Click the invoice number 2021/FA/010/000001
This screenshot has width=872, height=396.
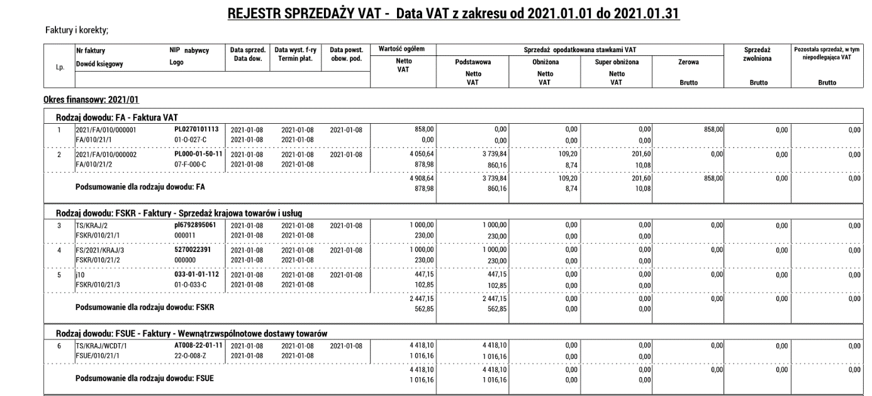[x=106, y=130]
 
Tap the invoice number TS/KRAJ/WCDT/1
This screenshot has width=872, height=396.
[x=101, y=346]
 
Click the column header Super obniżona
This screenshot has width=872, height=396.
[x=617, y=62]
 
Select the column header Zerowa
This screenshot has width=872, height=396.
[x=688, y=62]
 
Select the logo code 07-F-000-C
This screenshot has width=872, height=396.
[x=191, y=163]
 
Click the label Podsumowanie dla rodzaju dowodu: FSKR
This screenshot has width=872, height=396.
[x=145, y=308]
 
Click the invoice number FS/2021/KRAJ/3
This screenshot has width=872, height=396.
[x=103, y=250]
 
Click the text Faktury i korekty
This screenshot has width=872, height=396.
[x=82, y=30]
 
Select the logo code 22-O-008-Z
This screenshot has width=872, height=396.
[x=191, y=355]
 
